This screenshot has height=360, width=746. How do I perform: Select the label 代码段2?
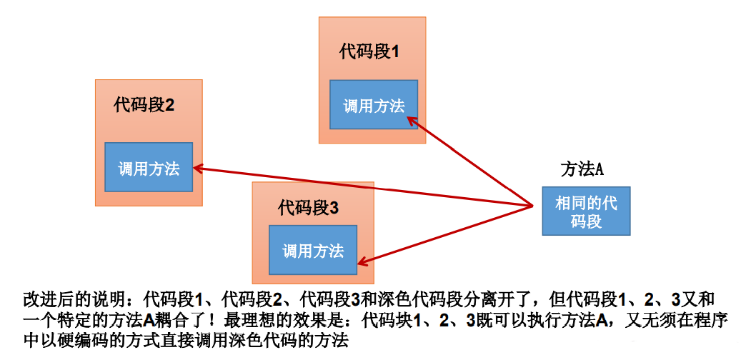(x=144, y=105)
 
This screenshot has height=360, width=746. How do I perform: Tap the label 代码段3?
(x=308, y=208)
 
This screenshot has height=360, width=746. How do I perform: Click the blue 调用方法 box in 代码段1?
(x=374, y=106)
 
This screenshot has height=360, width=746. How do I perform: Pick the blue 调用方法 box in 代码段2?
(x=149, y=168)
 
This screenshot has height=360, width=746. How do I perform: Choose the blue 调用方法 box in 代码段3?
(x=313, y=250)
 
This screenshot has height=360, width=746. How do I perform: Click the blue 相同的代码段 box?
(x=586, y=211)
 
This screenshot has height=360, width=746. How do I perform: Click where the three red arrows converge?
(x=532, y=206)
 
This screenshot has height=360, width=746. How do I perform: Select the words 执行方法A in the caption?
(x=572, y=319)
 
